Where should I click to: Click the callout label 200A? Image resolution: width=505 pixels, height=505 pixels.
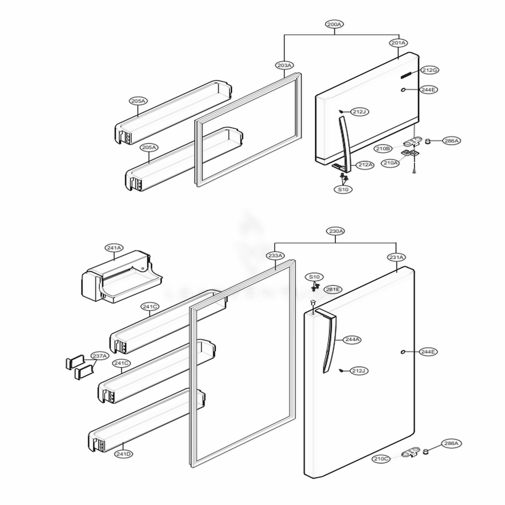pos(334,24)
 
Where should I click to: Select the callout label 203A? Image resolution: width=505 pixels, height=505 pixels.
pos(284,65)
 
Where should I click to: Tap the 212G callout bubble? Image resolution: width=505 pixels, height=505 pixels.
pos(430,70)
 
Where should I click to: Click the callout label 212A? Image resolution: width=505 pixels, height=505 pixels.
pos(365,165)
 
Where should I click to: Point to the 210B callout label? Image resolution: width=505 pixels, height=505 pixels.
pos(383,148)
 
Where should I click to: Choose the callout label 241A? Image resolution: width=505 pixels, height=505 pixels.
pos(114,247)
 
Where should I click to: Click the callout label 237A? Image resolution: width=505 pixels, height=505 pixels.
pos(100,356)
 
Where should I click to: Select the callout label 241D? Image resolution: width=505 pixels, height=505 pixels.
pos(123,453)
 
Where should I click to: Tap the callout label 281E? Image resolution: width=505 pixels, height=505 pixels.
pos(333,289)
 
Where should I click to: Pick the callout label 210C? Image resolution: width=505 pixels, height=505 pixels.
pos(381,459)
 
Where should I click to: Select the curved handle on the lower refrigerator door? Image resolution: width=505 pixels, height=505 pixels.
pos(329,343)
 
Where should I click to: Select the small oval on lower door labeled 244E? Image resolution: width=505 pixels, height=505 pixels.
pos(401,351)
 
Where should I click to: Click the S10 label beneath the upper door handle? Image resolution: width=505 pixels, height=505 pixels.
pos(343,189)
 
